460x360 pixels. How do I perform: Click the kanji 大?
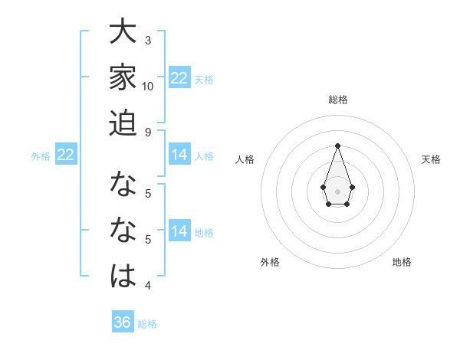click(123, 34)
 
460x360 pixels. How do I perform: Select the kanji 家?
click(123, 78)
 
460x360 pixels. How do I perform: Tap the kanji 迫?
click(123, 123)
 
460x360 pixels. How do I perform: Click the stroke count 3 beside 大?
click(148, 39)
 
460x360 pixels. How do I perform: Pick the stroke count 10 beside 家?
click(148, 86)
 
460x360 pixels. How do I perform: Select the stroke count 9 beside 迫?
click(148, 132)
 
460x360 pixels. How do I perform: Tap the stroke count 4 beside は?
click(148, 286)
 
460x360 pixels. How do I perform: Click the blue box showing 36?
click(123, 322)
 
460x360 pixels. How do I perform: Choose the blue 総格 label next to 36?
click(147, 324)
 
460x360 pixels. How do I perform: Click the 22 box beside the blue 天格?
click(179, 77)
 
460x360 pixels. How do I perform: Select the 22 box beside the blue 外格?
click(66, 155)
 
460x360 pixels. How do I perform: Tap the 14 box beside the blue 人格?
click(179, 155)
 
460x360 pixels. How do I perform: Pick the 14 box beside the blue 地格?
click(179, 231)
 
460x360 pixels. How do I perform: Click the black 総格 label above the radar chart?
click(337, 100)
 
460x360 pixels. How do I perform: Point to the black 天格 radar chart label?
click(431, 159)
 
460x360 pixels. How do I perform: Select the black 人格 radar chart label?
click(245, 159)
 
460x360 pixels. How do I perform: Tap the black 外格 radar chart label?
click(270, 262)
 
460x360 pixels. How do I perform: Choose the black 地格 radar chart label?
click(402, 262)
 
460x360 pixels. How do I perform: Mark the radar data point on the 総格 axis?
click(337, 146)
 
